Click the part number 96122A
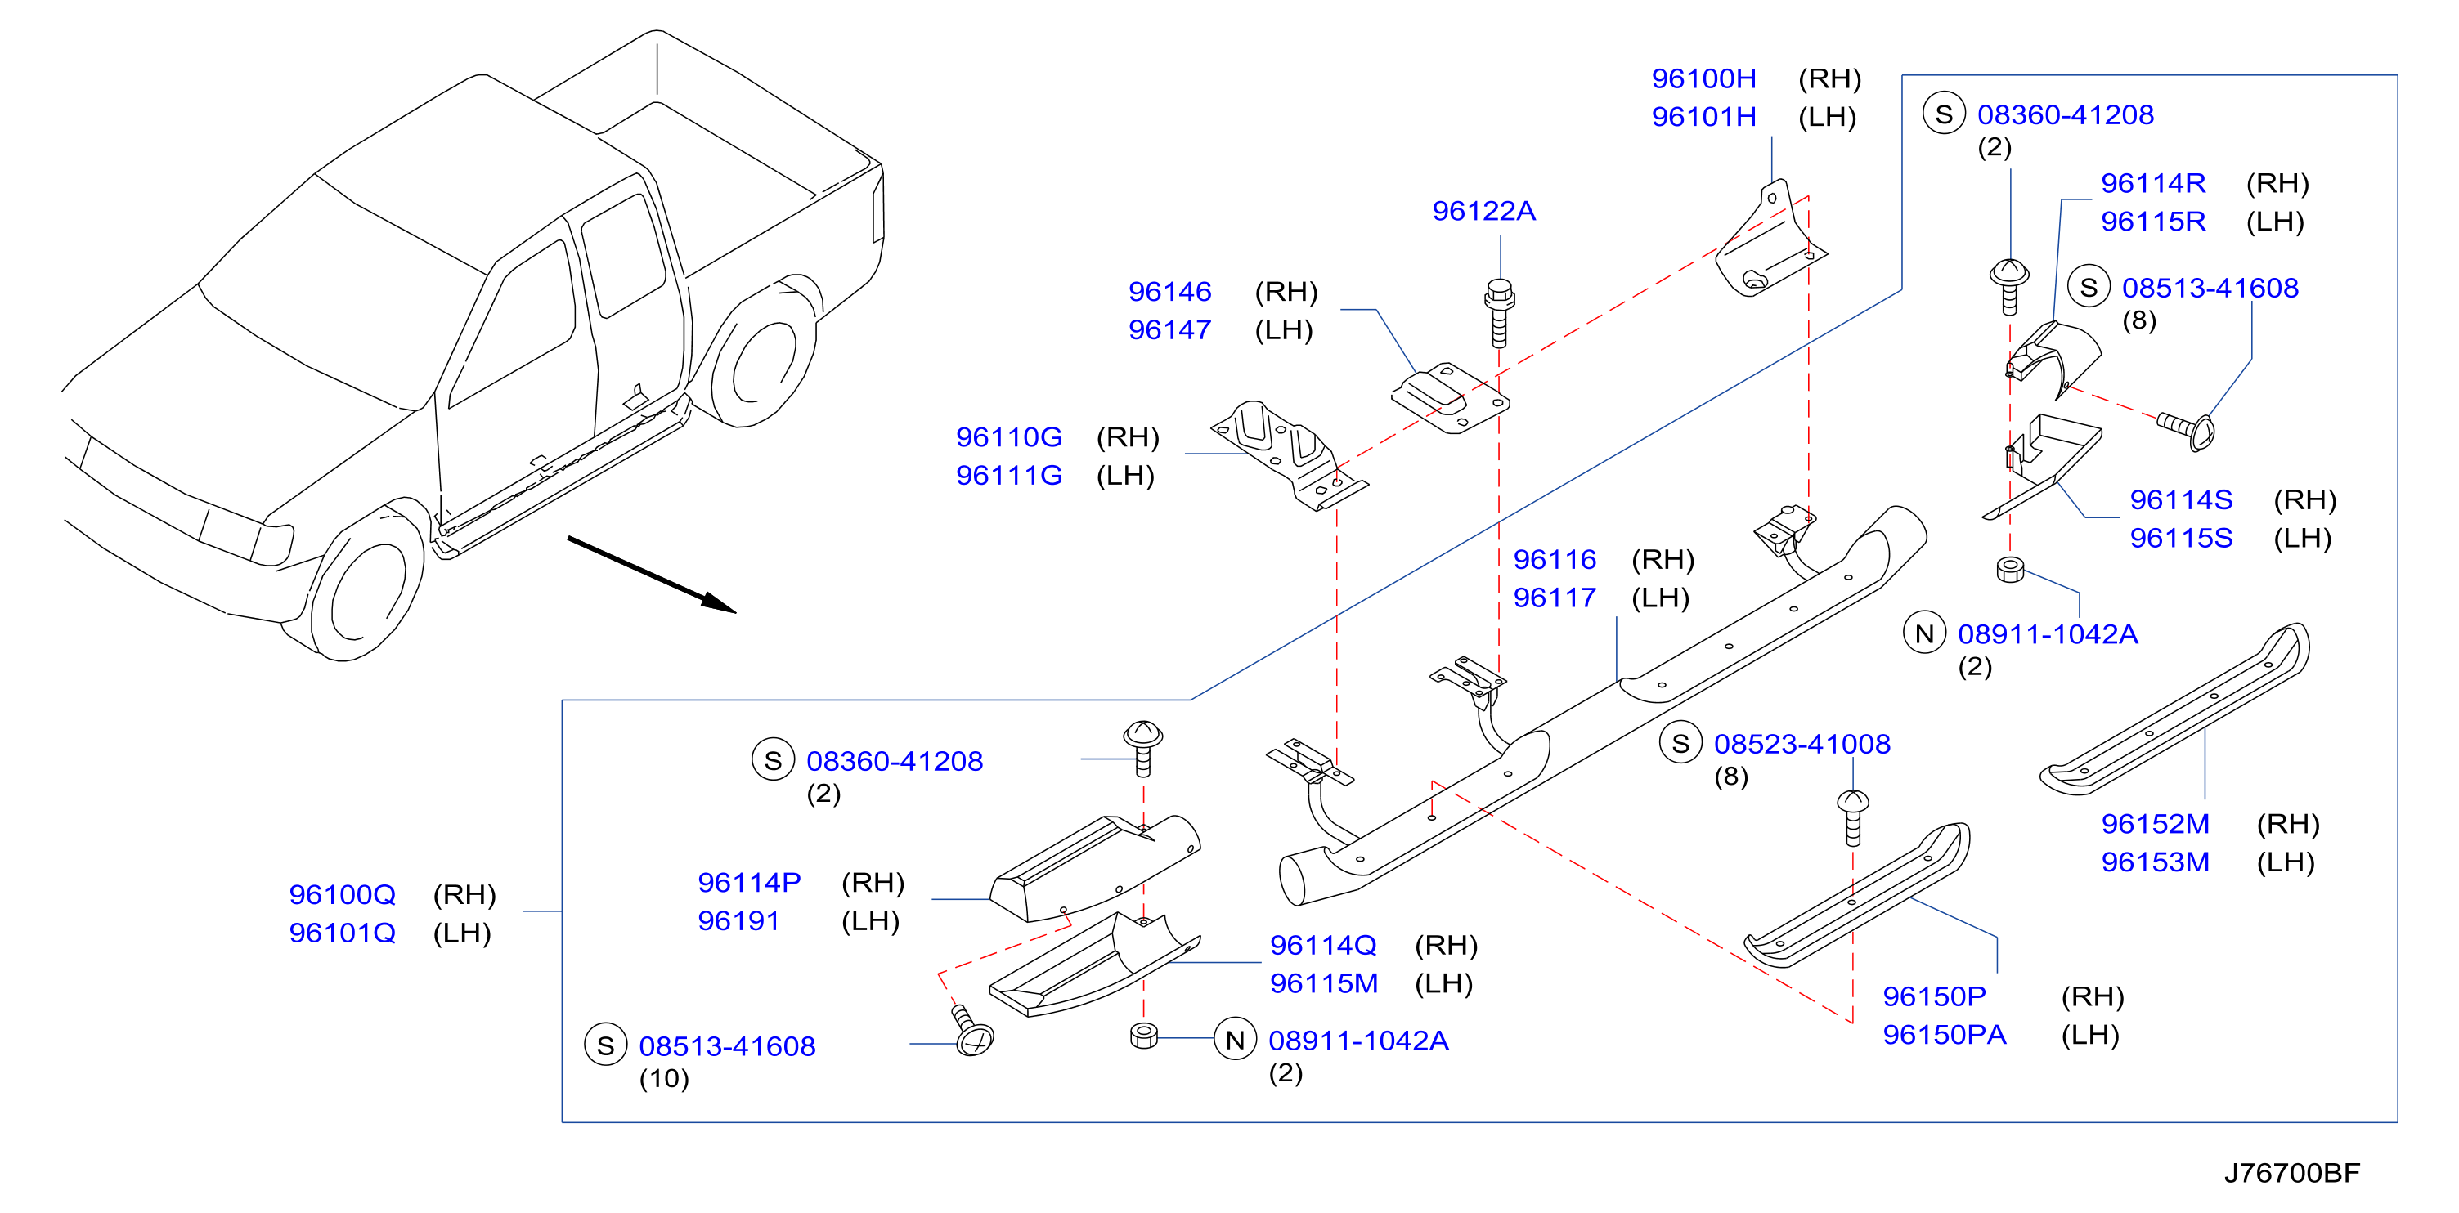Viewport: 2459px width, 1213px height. tap(1483, 211)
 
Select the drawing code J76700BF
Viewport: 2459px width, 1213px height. tap(2292, 1173)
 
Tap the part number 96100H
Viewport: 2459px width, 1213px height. tap(1704, 78)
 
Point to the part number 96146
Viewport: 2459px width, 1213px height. tap(1169, 291)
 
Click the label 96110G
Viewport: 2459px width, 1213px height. tap(1009, 437)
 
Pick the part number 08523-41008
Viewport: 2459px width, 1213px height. tap(1802, 744)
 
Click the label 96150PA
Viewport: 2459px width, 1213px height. tap(1944, 1035)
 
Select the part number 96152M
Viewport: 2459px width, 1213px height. tap(2155, 824)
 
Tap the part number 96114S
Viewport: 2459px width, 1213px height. tap(2181, 500)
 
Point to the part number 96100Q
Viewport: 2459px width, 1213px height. tap(342, 894)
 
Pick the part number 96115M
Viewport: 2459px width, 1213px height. tap(1323, 983)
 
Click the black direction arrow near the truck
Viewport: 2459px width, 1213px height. tap(651, 575)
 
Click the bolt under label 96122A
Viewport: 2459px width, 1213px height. tap(1499, 313)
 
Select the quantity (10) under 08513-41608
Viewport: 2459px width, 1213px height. tap(663, 1078)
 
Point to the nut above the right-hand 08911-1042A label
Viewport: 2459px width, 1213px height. tap(2009, 570)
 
